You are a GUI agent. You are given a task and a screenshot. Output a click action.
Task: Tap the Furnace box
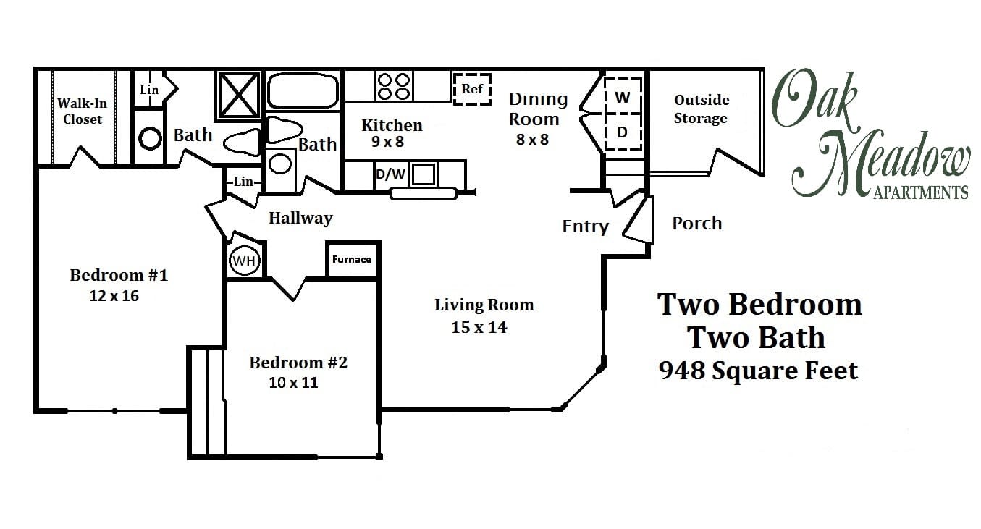click(352, 259)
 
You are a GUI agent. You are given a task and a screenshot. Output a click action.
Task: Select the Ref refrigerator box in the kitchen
click(472, 89)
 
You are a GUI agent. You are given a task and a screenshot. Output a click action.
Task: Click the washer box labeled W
click(623, 96)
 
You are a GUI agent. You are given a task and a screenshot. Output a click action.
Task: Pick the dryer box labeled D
click(623, 132)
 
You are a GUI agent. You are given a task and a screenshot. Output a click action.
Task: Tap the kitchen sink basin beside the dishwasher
click(424, 174)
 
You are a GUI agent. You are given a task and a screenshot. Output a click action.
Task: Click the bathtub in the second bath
click(303, 91)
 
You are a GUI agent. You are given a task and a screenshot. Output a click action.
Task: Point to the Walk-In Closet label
click(82, 111)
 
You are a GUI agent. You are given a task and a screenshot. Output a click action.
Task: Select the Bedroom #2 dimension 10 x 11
click(293, 383)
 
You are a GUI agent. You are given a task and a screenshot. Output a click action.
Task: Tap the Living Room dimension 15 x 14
click(479, 327)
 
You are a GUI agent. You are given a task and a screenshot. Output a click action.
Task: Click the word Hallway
click(300, 218)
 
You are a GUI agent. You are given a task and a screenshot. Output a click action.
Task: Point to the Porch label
click(696, 224)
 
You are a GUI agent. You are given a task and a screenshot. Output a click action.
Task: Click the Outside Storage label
click(701, 109)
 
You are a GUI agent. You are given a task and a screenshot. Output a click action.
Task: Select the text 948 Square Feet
click(758, 371)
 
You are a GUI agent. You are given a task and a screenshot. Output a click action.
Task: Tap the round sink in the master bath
click(150, 138)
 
